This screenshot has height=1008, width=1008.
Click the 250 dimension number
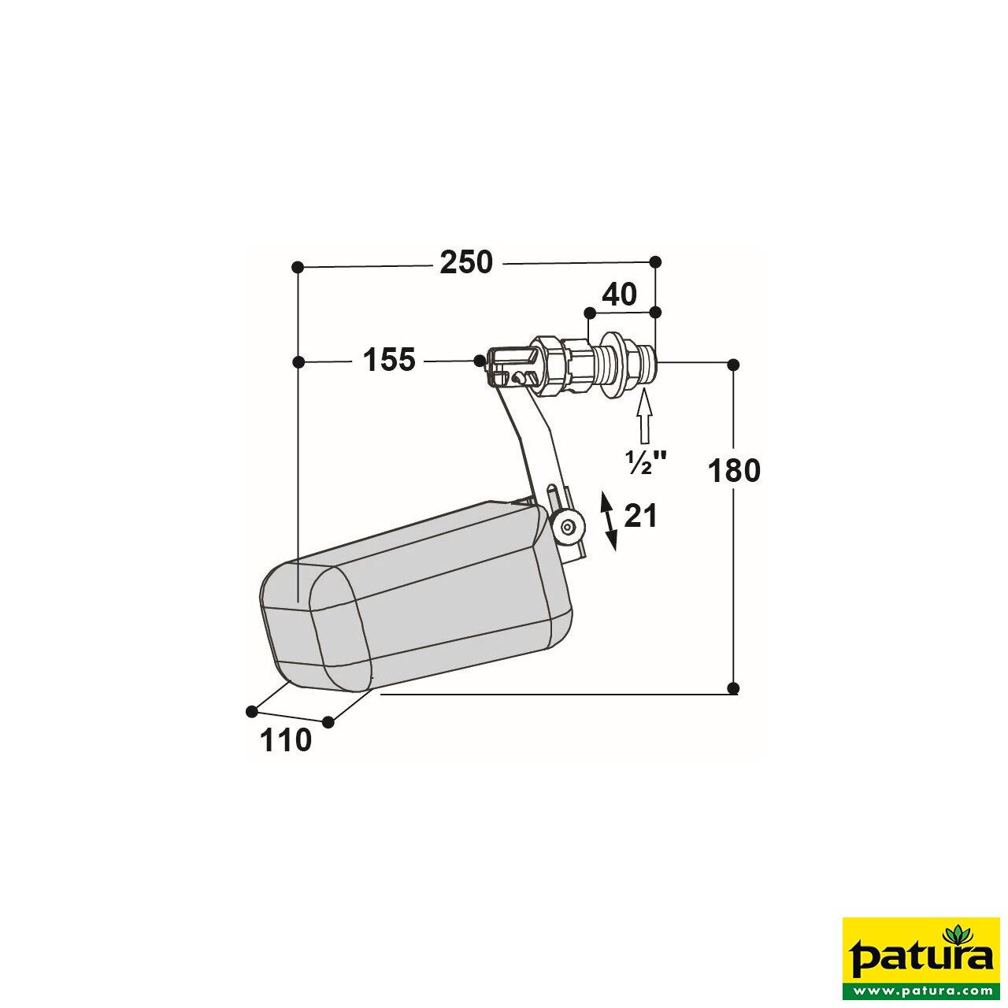click(x=466, y=262)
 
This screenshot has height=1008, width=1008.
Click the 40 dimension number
click(x=619, y=295)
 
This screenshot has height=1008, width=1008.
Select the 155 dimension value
click(x=388, y=360)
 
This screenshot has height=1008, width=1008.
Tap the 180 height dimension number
click(x=734, y=471)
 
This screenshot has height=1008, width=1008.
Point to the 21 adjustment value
click(x=640, y=517)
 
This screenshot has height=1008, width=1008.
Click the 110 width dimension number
click(x=285, y=740)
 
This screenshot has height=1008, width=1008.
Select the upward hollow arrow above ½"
click(x=645, y=417)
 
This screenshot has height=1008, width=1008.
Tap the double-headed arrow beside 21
click(x=610, y=520)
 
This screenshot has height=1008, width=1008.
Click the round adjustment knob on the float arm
click(x=569, y=528)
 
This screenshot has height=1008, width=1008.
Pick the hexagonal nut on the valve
click(x=549, y=365)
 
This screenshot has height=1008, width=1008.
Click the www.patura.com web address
click(x=921, y=989)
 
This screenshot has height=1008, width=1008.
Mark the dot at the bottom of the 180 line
click(x=733, y=688)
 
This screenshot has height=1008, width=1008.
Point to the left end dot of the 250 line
click(x=298, y=268)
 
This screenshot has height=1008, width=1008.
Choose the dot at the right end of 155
click(x=480, y=360)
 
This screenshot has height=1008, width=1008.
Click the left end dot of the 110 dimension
click(x=251, y=711)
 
